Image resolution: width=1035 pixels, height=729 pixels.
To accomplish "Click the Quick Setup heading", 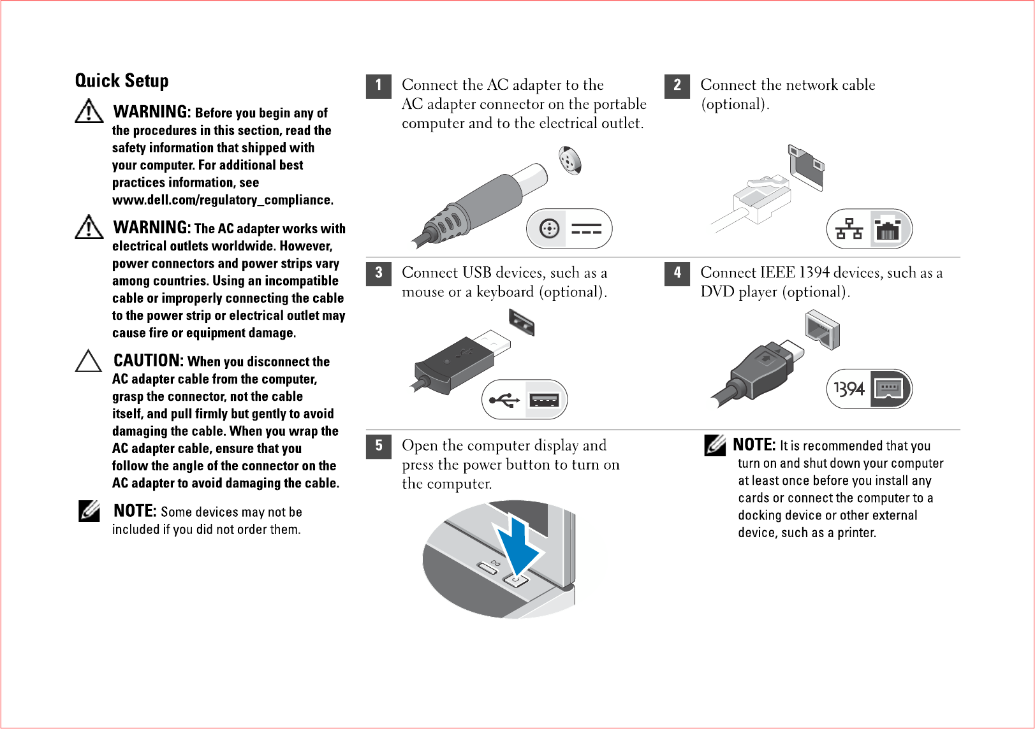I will point(122,81).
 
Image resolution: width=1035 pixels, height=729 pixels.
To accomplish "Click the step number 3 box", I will point(378,273).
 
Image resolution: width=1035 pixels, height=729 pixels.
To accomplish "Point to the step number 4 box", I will point(677,273).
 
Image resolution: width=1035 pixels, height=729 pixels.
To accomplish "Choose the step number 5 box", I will point(378,446).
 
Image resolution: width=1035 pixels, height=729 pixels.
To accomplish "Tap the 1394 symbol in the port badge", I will point(849,389).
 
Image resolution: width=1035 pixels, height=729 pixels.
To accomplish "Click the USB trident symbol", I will point(504,400).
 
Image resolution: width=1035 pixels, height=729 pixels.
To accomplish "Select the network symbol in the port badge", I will point(849,228).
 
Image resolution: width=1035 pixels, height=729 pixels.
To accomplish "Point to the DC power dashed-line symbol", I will point(586,229).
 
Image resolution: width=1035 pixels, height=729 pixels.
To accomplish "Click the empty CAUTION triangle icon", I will point(89,361).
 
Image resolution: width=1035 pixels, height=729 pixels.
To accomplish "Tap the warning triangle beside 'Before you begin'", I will point(89,112).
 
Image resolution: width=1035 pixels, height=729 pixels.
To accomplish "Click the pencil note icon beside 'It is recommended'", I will point(715,445).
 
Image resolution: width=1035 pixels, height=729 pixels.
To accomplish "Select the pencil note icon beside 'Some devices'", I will point(89,511).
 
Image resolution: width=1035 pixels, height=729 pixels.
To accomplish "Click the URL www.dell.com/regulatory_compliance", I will point(223,200).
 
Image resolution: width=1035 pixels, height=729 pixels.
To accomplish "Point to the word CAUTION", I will point(148,361).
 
